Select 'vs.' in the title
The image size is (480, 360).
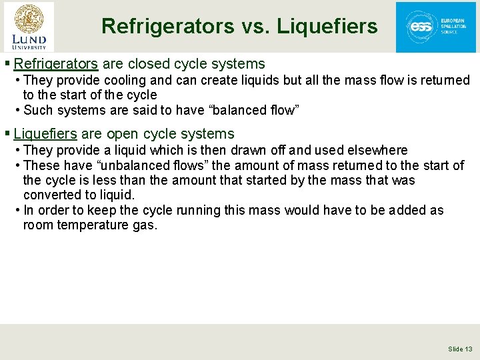[256, 27]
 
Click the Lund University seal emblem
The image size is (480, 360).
[28, 19]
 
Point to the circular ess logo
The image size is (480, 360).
[421, 27]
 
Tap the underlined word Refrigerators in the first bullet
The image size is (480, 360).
[56, 64]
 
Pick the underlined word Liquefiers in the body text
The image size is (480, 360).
[45, 133]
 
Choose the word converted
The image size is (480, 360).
[50, 195]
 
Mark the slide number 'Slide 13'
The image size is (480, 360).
[460, 349]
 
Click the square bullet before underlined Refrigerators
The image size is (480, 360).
[7, 65]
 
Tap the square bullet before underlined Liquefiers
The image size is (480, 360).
[7, 134]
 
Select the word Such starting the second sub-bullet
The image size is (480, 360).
[37, 111]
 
